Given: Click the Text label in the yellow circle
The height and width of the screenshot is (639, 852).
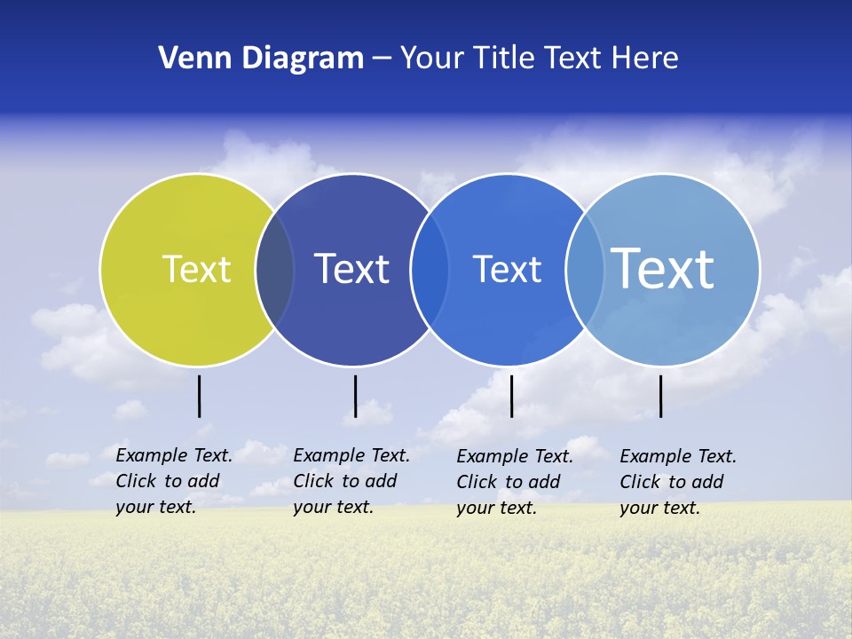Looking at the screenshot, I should click(x=196, y=269).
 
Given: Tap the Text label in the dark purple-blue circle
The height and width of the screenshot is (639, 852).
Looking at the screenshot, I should click(x=351, y=269).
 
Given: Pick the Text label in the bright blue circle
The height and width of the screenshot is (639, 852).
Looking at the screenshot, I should click(x=507, y=269).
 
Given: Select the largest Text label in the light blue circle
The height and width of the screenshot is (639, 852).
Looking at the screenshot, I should click(x=662, y=268).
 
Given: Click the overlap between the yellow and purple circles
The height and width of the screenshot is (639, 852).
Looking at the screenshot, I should click(x=275, y=270).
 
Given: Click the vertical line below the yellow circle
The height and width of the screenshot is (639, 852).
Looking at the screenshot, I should click(x=200, y=396).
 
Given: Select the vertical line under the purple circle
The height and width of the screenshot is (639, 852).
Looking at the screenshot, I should click(x=355, y=396).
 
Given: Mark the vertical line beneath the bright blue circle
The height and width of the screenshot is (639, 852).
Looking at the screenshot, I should click(x=512, y=396).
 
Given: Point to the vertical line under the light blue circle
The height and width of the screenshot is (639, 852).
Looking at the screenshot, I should click(x=661, y=396).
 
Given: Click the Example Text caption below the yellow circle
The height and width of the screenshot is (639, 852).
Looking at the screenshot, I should click(x=174, y=481).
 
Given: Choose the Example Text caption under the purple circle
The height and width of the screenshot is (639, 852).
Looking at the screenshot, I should click(x=351, y=481).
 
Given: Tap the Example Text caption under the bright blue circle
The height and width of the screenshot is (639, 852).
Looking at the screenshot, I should click(x=515, y=482).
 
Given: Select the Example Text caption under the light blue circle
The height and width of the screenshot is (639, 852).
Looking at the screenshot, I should click(x=678, y=482).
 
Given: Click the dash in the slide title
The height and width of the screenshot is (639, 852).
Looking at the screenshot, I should click(x=382, y=59).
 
